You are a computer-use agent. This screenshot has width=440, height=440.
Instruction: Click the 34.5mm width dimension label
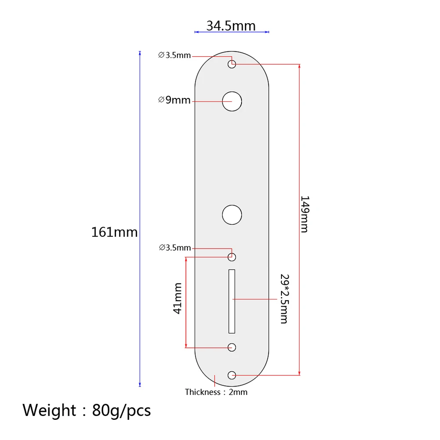231,25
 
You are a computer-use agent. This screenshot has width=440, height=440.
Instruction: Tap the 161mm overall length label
114,232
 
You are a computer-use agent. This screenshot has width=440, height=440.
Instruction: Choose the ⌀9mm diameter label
174,100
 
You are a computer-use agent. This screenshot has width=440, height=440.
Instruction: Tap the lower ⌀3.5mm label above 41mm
175,248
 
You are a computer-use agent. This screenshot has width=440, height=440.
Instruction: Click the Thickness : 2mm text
216,392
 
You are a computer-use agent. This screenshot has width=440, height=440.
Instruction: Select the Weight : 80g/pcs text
87,410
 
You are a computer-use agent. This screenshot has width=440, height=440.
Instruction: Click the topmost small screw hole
232,65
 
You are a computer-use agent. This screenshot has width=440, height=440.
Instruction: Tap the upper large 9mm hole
232,101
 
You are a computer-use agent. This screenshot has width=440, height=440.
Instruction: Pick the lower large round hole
232,215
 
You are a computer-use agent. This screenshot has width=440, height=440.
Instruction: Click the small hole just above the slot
232,257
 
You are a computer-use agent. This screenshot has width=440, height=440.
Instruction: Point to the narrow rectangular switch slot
232,301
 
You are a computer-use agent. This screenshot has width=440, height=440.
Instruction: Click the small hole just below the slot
232,347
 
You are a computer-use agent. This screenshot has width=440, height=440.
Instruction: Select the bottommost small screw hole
232,375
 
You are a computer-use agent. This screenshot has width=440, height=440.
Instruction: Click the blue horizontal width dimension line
231,32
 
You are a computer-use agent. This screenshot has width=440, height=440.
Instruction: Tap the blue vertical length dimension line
140,176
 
